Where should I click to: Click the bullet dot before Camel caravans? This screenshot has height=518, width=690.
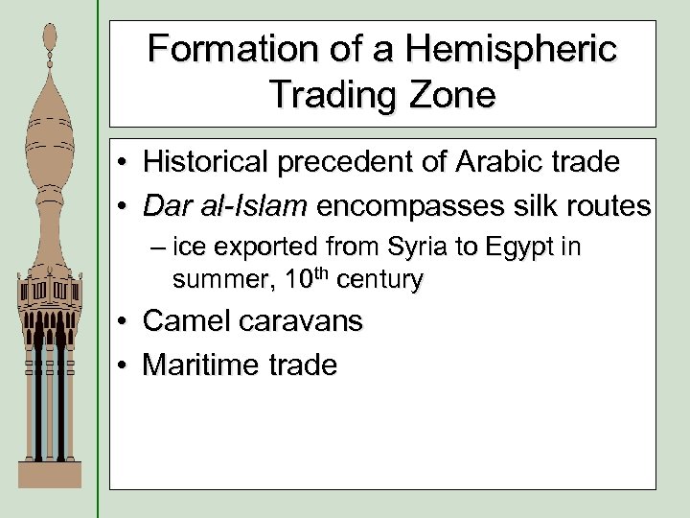click(x=126, y=321)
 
